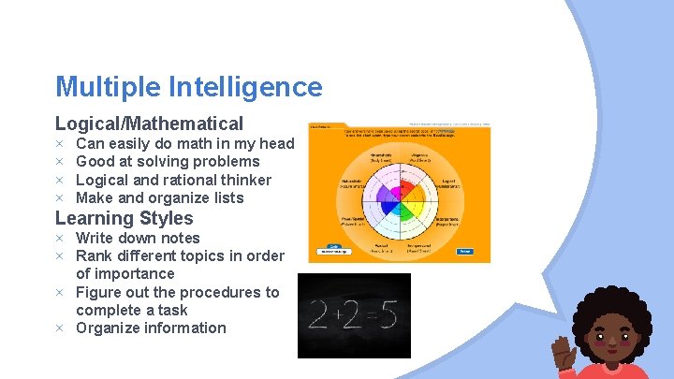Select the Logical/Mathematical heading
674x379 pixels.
[x=149, y=123]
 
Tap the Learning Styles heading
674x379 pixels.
[x=125, y=218]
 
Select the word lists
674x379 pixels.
[x=226, y=197]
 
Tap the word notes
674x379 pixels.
[x=181, y=238]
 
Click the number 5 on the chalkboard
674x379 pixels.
[x=388, y=316]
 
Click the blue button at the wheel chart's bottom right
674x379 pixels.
[x=465, y=251]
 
